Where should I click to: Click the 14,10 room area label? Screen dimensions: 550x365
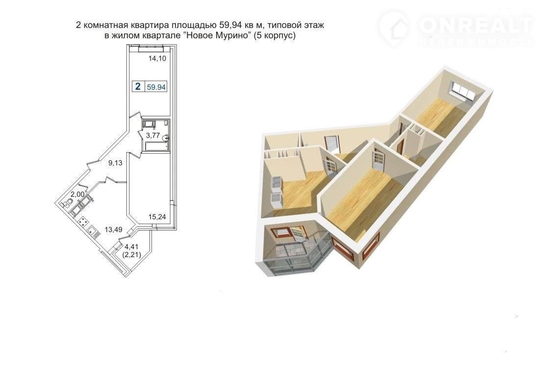pyautogui.click(x=157, y=58)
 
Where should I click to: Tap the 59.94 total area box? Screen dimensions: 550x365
pyautogui.click(x=156, y=87)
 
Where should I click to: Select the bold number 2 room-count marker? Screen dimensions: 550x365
pyautogui.click(x=138, y=86)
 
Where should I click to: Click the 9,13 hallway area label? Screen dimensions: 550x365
pyautogui.click(x=115, y=163)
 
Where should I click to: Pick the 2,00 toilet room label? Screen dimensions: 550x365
pyautogui.click(x=77, y=194)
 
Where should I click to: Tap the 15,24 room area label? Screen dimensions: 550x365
pyautogui.click(x=157, y=217)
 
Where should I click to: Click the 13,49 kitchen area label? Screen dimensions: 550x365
pyautogui.click(x=113, y=230)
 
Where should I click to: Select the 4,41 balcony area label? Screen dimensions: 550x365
pyautogui.click(x=131, y=247)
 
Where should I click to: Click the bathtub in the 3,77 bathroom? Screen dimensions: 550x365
pyautogui.click(x=155, y=146)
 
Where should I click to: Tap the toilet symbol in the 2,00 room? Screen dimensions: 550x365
pyautogui.click(x=68, y=203)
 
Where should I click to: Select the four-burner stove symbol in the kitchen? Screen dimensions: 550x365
pyautogui.click(x=83, y=221)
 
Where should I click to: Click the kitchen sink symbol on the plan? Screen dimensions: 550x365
pyautogui.click(x=93, y=231)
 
